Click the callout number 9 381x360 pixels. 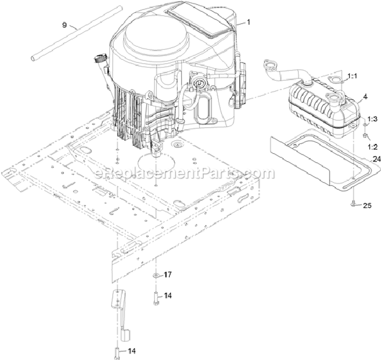[64, 25]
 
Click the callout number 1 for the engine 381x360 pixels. [248, 22]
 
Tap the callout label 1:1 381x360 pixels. [352, 76]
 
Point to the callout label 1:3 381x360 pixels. [372, 119]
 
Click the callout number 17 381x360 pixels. [168, 275]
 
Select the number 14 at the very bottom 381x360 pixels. [132, 351]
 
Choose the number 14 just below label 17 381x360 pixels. [168, 295]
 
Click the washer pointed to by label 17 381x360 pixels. [156, 276]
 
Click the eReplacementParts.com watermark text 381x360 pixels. [184, 173]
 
